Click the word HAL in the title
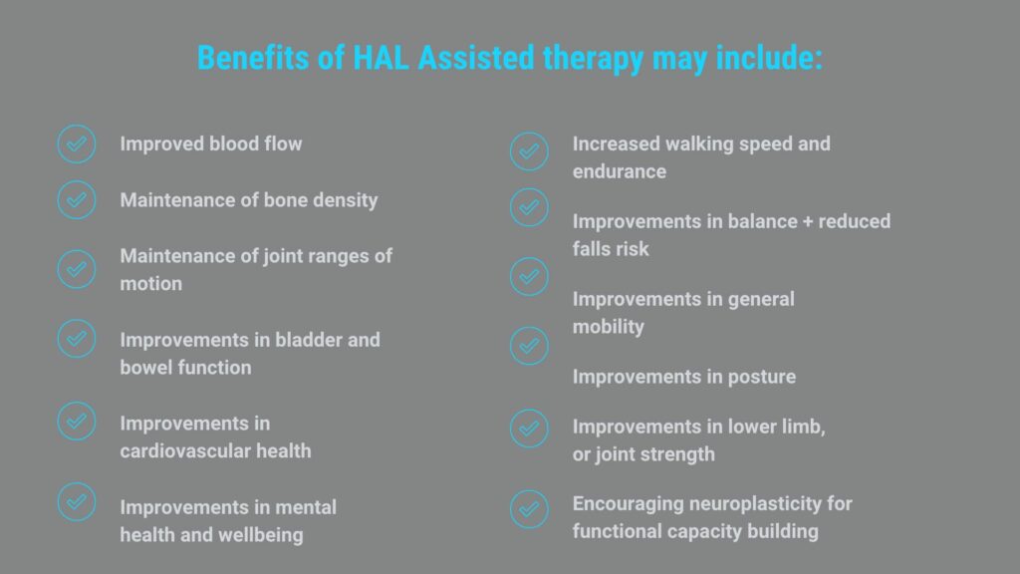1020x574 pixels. [382, 58]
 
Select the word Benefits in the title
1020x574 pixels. [254, 58]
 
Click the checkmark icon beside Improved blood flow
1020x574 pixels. [77, 143]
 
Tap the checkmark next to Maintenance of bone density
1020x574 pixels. [77, 199]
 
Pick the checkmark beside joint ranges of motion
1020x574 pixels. [77, 269]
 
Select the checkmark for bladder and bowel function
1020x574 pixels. [77, 339]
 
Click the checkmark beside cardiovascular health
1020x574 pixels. [77, 422]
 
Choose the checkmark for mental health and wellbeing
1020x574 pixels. [77, 502]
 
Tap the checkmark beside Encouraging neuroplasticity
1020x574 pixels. [530, 509]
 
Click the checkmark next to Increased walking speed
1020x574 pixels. [530, 151]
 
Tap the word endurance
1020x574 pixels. [620, 171]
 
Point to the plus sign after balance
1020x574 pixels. [808, 222]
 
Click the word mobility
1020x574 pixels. [609, 327]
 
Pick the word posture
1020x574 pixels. [762, 378]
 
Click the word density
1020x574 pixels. [346, 200]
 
